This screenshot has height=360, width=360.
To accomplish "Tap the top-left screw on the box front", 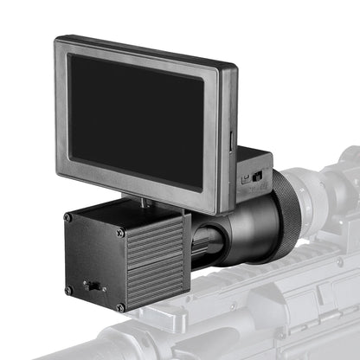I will click(68, 217).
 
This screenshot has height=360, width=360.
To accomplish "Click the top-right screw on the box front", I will click(120, 232).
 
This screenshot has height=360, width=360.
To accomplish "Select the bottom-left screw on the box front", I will click(68, 290).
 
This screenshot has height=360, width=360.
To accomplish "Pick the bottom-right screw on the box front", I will click(120, 306).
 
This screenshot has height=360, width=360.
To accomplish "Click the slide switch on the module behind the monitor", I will click(256, 176).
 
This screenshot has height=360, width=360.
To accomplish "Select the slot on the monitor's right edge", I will click(231, 138).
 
